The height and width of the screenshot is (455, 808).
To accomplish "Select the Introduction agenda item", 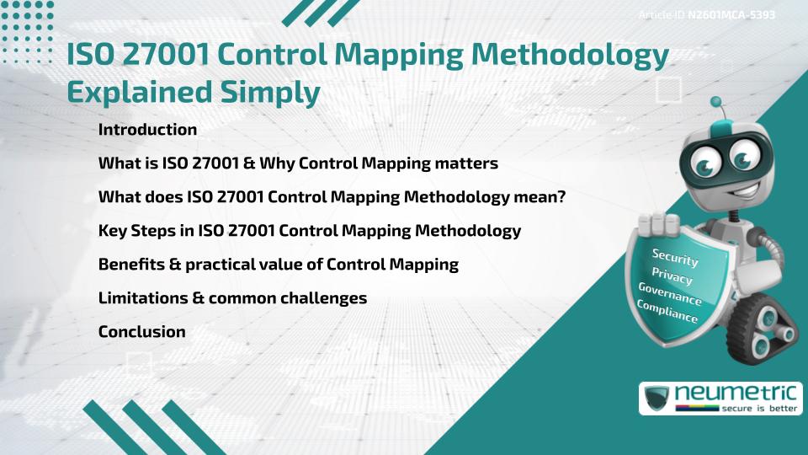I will point(147,130).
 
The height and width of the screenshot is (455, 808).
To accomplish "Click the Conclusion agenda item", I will point(141,332).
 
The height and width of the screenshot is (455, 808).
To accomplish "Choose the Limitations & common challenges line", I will point(232,298).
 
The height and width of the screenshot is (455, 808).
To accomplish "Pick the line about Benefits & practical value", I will point(278,265).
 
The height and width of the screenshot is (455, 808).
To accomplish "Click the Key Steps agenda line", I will point(309,231).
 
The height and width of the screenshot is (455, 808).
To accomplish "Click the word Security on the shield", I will point(675,257).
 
